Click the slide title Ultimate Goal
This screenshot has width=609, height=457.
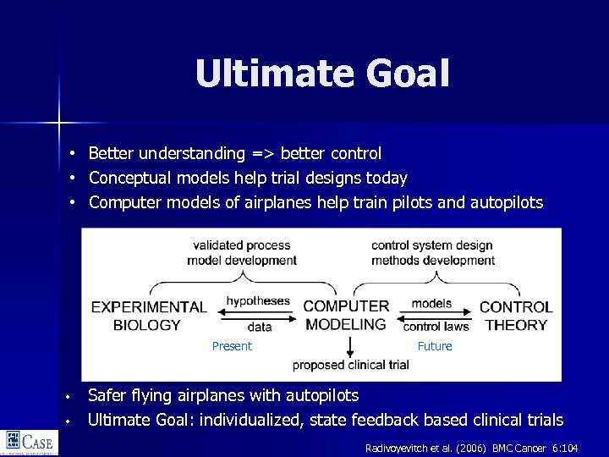point(321,74)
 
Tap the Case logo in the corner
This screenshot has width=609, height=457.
point(28,442)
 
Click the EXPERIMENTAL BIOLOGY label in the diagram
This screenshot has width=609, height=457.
point(148,316)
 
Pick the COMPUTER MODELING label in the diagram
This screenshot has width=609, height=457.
point(346,315)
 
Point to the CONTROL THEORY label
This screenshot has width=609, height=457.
point(516,316)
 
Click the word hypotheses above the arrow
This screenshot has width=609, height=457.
point(258,301)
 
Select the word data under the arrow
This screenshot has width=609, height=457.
point(260,327)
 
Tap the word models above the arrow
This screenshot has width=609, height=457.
point(431,303)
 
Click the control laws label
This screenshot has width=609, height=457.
point(436,327)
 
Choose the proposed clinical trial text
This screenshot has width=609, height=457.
point(350,365)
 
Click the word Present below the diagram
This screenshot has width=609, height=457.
point(232,346)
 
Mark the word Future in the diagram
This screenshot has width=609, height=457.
point(435,346)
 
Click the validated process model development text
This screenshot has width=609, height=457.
point(241,252)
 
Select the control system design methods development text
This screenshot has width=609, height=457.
point(433,252)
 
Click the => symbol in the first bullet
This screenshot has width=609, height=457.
point(262,154)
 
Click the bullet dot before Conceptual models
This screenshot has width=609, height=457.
point(74,179)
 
